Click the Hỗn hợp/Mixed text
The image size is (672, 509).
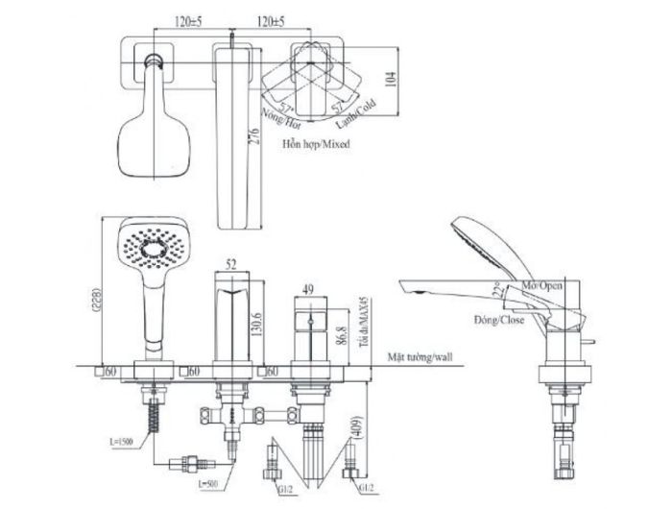click(x=316, y=146)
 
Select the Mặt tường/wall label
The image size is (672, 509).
click(x=421, y=355)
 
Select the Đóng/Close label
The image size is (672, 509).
click(x=498, y=319)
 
